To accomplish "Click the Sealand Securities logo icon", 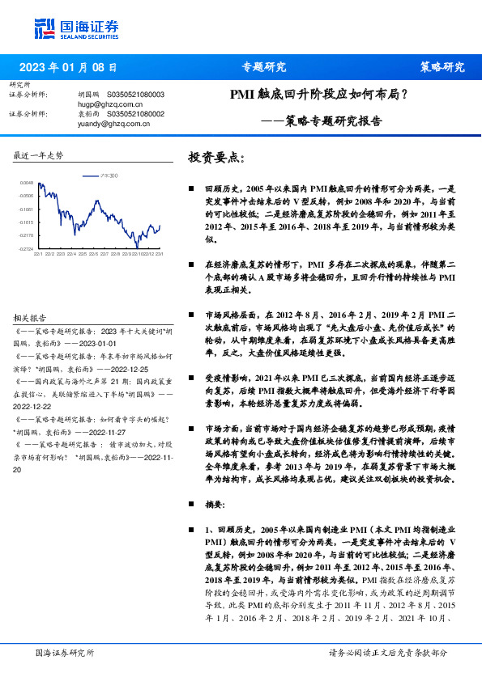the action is point(44,27).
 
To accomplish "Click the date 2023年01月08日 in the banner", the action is point(68,67).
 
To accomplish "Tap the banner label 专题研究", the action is point(264,67).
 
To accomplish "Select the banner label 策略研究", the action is point(441,67).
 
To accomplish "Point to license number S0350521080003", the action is point(135,95).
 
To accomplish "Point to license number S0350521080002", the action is point(135,115).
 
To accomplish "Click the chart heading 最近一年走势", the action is point(38,154).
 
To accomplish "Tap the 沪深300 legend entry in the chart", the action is point(107,176).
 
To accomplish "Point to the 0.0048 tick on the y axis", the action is point(27,183).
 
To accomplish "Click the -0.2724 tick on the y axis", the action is point(27,249).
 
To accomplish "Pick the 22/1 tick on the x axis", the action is point(38,254).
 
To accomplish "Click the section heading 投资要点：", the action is point(216,156).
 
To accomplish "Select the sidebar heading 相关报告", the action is point(30,318).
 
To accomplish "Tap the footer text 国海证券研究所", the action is point(65,653).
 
